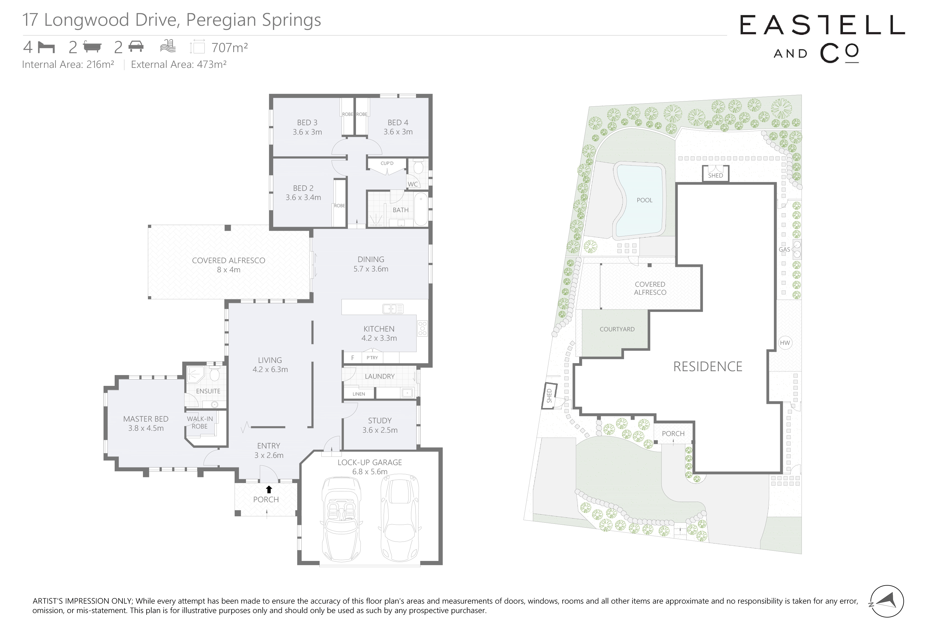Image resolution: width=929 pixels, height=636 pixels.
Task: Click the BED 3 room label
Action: coord(307,123)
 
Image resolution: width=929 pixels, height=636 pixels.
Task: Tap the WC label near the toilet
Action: coord(412,184)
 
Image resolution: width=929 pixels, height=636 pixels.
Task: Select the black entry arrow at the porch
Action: coord(269,489)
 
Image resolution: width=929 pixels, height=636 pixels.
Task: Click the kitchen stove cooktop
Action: coord(422,328)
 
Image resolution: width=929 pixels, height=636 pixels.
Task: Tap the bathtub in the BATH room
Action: coord(421,209)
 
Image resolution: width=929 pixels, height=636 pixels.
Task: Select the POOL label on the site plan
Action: coord(644,200)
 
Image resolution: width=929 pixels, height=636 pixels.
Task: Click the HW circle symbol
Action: coord(785,343)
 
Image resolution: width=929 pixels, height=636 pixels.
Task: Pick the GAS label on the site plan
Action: coord(784,250)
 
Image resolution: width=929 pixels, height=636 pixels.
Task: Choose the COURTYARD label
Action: coord(617,329)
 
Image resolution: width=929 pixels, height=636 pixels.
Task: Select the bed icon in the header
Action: coord(46,48)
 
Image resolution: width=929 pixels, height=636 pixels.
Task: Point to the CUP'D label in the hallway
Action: coord(387,163)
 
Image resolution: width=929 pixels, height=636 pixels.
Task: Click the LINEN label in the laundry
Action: coord(359,394)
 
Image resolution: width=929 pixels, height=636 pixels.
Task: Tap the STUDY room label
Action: coord(380,420)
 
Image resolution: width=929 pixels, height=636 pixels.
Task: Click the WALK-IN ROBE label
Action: coord(200,422)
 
